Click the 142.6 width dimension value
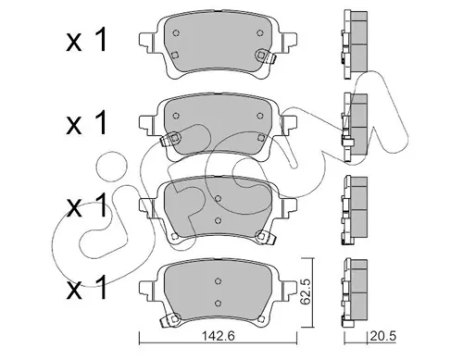click(x=218, y=336)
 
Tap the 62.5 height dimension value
click(x=306, y=292)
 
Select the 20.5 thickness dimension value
click(x=382, y=336)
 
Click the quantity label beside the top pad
click(x=86, y=40)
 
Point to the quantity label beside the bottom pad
click(x=86, y=288)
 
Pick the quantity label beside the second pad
click(x=86, y=123)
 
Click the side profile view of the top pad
click(x=355, y=44)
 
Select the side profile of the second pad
click(x=355, y=128)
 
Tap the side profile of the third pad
click(x=355, y=211)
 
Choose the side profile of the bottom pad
click(x=355, y=293)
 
